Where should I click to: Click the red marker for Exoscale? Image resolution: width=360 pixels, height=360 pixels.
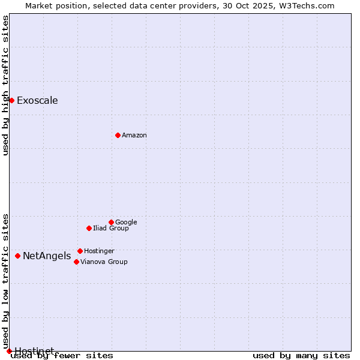click(11, 100)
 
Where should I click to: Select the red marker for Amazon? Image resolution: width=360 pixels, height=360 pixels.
click(118, 135)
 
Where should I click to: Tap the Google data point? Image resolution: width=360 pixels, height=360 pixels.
click(111, 222)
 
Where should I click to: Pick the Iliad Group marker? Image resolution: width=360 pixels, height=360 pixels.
click(89, 228)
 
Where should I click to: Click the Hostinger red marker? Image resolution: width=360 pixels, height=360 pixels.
click(80, 251)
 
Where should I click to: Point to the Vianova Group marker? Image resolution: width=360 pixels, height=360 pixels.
click(76, 262)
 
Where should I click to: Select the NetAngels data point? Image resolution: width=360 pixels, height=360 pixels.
click(17, 256)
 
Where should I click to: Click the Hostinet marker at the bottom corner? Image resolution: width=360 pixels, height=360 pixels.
click(9, 351)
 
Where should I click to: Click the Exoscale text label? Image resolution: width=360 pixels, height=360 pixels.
click(37, 101)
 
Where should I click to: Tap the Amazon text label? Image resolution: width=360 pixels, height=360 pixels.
click(134, 136)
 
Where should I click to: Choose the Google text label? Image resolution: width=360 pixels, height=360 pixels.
click(126, 223)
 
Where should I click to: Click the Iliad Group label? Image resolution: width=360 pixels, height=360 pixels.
click(111, 229)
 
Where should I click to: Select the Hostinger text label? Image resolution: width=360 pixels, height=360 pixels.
click(99, 251)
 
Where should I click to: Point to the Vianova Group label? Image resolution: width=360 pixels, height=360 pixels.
click(104, 262)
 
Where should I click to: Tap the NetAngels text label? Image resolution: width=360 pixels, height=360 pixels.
click(47, 256)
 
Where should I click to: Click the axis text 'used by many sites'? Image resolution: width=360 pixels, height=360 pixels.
click(301, 356)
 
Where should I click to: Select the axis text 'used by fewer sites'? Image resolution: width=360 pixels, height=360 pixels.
click(62, 356)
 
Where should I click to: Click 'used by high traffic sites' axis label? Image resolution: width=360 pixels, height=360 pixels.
click(6, 85)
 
